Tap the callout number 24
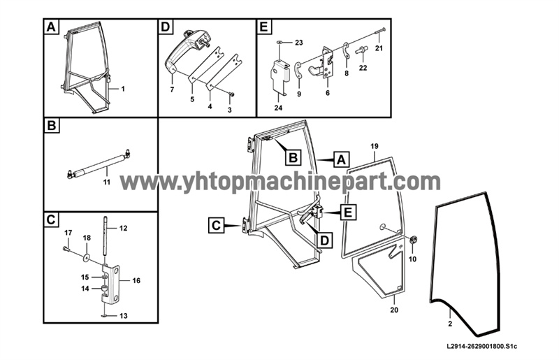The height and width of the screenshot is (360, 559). click(x=278, y=108)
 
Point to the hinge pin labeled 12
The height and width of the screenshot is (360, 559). click(x=106, y=238)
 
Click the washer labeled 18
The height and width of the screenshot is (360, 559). click(x=87, y=257)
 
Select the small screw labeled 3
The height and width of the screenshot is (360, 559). click(x=231, y=94)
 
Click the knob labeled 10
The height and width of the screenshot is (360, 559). click(x=412, y=240)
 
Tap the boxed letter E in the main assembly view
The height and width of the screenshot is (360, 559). click(x=347, y=213)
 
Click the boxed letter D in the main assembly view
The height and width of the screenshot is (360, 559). click(x=324, y=240)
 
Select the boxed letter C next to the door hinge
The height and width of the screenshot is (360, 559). click(x=217, y=226)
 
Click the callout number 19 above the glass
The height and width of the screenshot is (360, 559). click(x=375, y=146)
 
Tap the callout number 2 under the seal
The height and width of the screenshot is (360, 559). click(x=450, y=324)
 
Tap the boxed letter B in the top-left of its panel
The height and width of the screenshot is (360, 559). click(x=52, y=126)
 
